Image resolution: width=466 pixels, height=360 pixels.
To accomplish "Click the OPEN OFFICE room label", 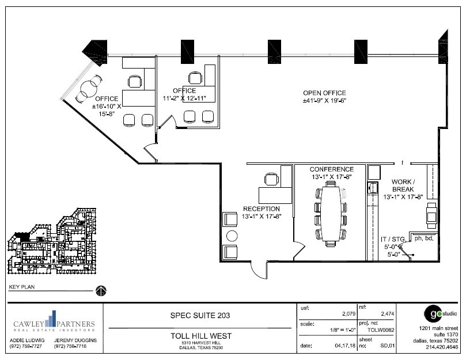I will click(x=324, y=93).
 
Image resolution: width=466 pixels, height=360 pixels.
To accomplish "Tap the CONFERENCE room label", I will click(x=331, y=169).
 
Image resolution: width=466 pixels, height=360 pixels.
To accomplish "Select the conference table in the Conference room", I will click(x=329, y=213).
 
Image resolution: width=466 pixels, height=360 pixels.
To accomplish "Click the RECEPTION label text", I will click(x=261, y=209).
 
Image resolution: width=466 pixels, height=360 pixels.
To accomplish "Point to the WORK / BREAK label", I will click(x=403, y=185).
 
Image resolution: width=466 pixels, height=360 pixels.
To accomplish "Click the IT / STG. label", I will click(x=393, y=238).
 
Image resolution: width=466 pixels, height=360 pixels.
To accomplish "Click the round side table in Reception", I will click(x=232, y=236).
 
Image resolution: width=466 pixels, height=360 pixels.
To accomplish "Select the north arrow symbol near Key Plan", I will click(x=101, y=290).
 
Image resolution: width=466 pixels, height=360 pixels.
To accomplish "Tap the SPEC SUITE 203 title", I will click(x=199, y=316).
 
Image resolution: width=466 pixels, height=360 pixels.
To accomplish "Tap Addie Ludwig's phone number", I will click(x=24, y=347).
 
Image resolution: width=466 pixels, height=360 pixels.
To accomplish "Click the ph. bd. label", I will click(x=423, y=238).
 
